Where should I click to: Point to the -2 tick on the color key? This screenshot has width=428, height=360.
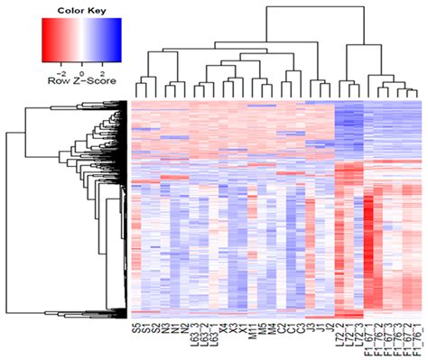pos(60,69)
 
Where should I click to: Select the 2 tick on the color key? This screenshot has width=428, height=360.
pos(102,69)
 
